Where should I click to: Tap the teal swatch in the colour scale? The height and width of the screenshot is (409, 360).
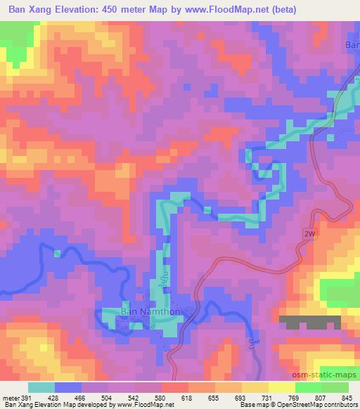tap(41, 387)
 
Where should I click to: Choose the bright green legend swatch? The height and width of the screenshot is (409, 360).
tap(309, 387)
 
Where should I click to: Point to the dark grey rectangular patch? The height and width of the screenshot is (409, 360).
tap(309, 322)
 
